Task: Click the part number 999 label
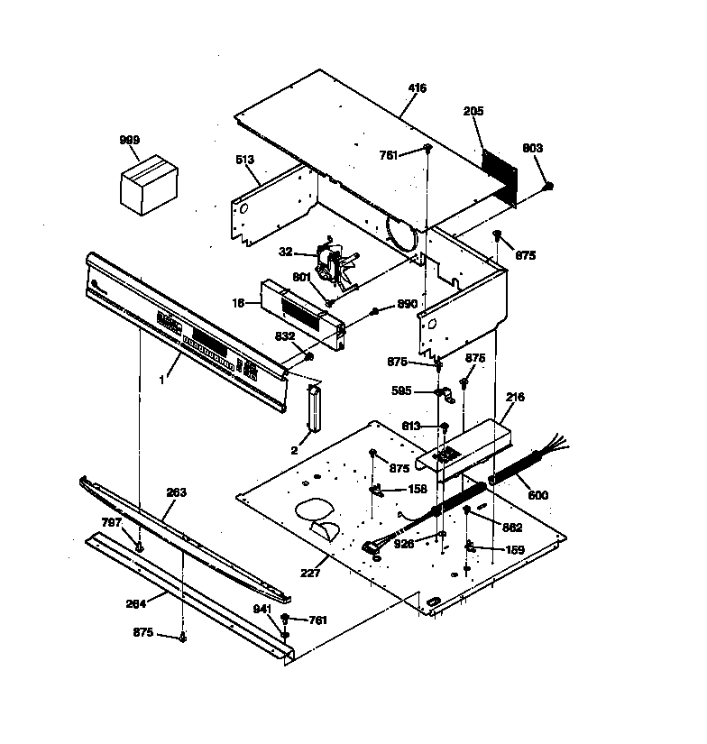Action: [131, 140]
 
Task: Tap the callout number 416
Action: [417, 88]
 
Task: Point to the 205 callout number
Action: [473, 112]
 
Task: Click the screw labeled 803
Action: [548, 186]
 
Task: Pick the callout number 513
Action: [244, 160]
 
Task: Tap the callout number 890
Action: [407, 304]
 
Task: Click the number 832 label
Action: [286, 335]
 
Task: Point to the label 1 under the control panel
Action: [162, 380]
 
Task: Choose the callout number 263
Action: [176, 492]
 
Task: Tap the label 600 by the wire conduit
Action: [537, 495]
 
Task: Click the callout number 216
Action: [515, 397]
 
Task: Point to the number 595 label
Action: [402, 391]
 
